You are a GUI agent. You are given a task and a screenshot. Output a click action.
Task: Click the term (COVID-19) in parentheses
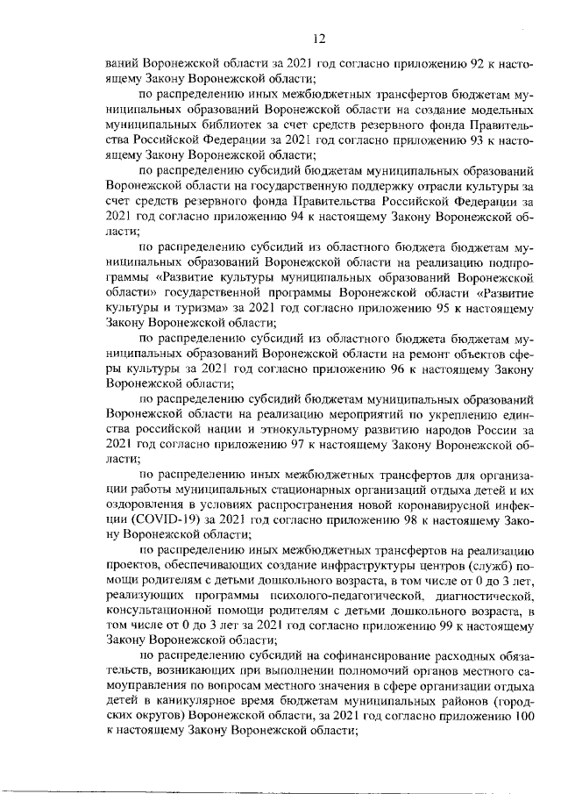(x=142, y=520)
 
